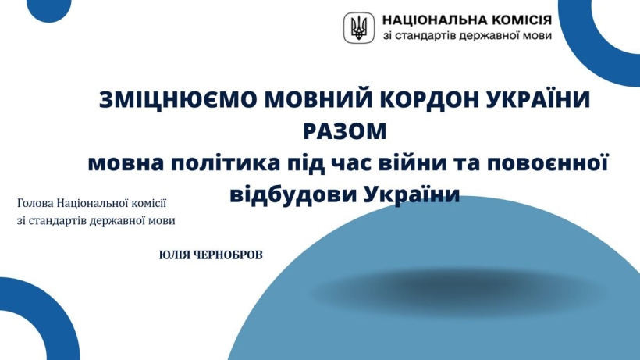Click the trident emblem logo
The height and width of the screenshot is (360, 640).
[359, 28]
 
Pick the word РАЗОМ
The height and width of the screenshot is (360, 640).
[345, 131]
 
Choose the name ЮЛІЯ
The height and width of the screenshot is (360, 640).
[174, 255]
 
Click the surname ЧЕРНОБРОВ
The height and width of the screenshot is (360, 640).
[228, 255]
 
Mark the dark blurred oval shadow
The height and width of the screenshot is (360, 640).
[459, 291]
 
